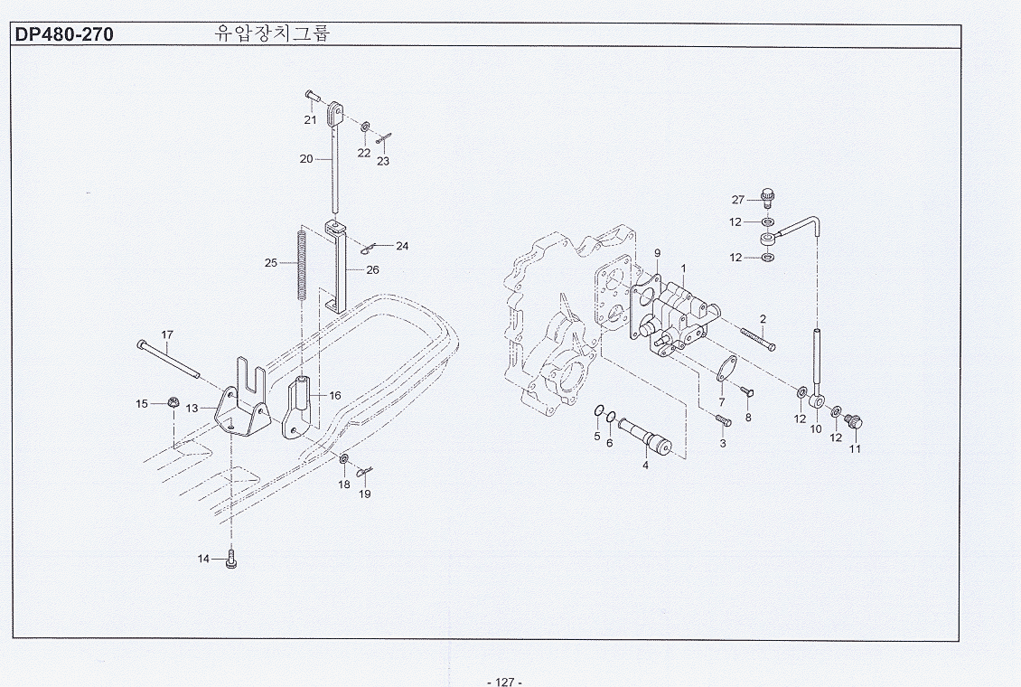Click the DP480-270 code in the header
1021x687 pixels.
click(x=63, y=35)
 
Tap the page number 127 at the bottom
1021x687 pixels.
click(x=503, y=681)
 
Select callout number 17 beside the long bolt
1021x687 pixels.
click(x=167, y=335)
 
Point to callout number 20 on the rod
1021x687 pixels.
click(x=306, y=159)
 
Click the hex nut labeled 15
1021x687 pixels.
click(x=172, y=403)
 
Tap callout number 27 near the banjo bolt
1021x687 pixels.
click(x=737, y=200)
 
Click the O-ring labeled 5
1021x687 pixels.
click(x=599, y=414)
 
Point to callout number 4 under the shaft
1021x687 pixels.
click(x=645, y=465)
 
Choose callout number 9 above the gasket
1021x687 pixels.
click(x=657, y=252)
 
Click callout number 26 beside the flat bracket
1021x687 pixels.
click(x=372, y=269)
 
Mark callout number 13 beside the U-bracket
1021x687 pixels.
click(x=192, y=409)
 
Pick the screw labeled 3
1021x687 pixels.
click(x=721, y=421)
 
